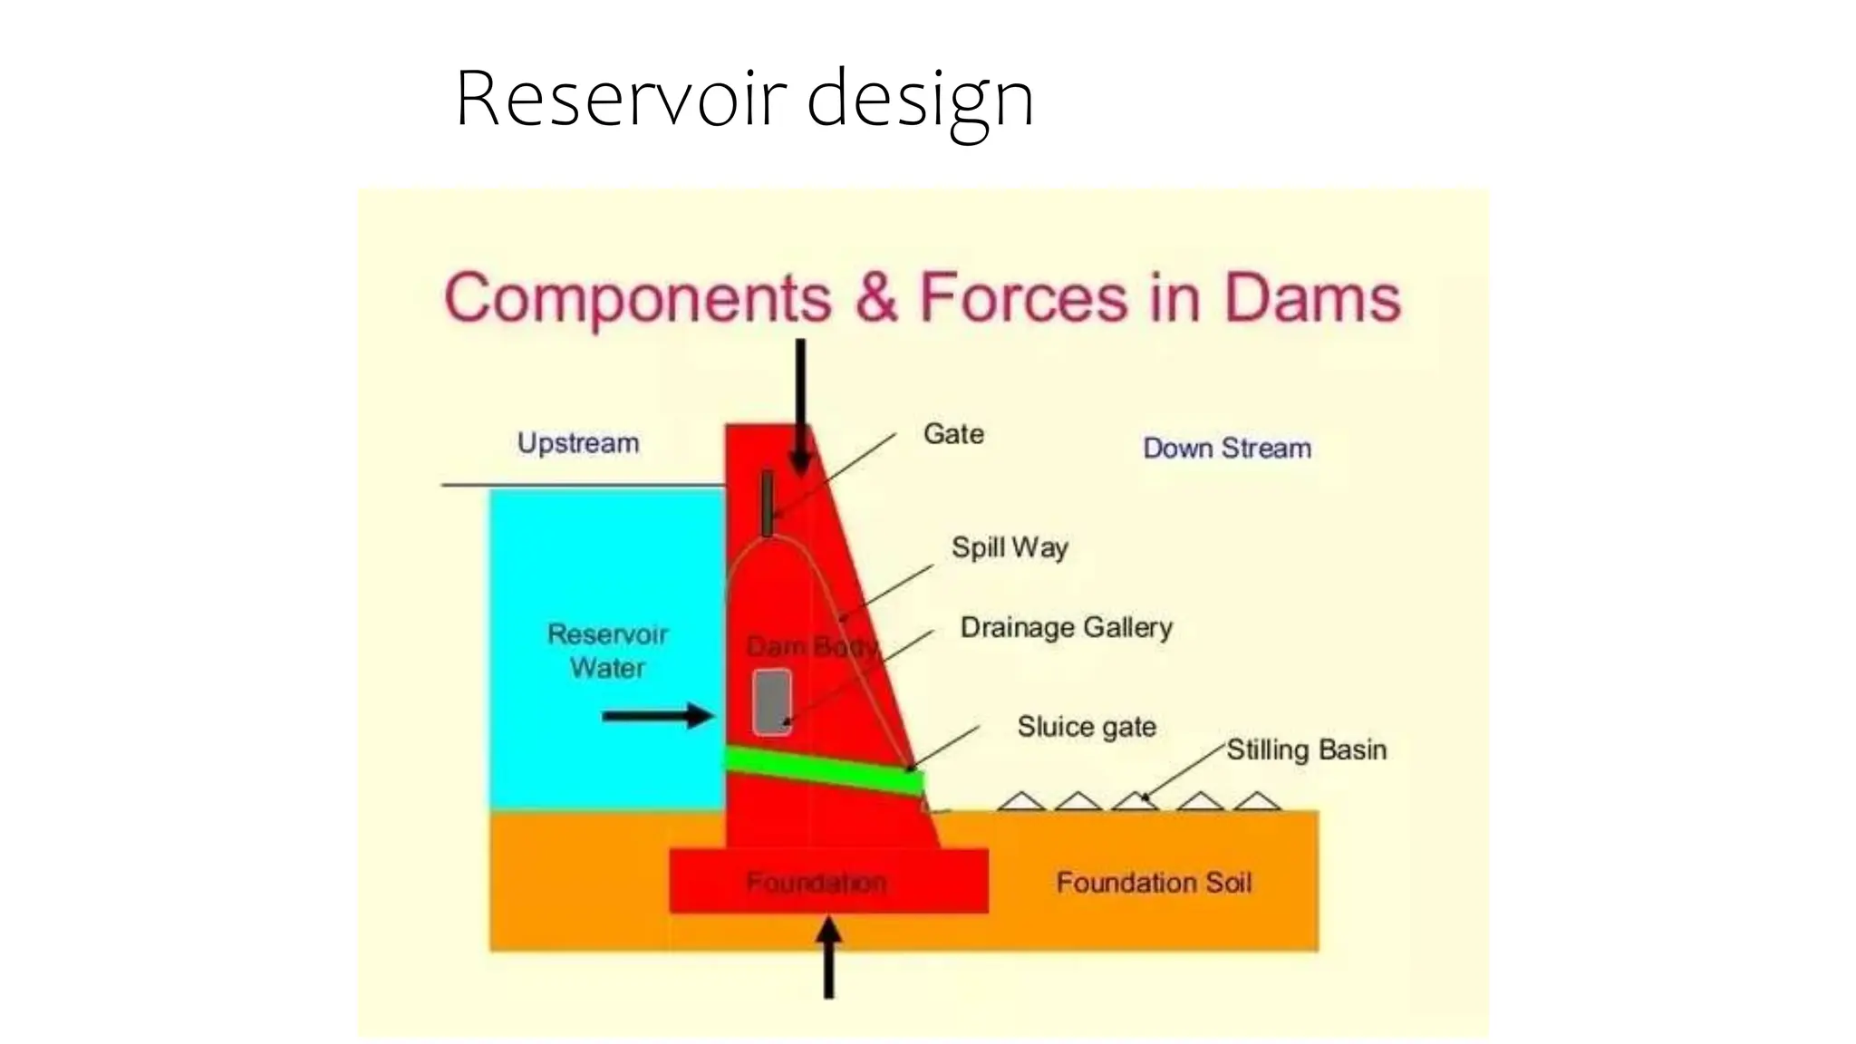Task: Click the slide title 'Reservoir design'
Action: coord(744,99)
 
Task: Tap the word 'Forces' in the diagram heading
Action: coord(1024,298)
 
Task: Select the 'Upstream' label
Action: coord(578,443)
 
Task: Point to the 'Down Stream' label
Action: coord(1227,448)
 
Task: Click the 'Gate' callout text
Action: coord(953,434)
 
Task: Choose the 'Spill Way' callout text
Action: coord(1010,547)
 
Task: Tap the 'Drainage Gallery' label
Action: coord(1066,627)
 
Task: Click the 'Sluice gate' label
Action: coord(1086,727)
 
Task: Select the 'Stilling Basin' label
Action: coord(1306,749)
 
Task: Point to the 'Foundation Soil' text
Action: coord(1154,883)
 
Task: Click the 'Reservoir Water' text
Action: coord(607,651)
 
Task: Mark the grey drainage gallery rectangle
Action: coord(772,701)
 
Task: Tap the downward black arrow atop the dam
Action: coord(800,408)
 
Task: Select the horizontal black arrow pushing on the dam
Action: coord(658,716)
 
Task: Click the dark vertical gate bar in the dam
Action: coord(768,503)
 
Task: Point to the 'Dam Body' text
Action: coord(812,647)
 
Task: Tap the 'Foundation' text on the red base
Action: coord(816,882)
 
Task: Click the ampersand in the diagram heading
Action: coord(875,298)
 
